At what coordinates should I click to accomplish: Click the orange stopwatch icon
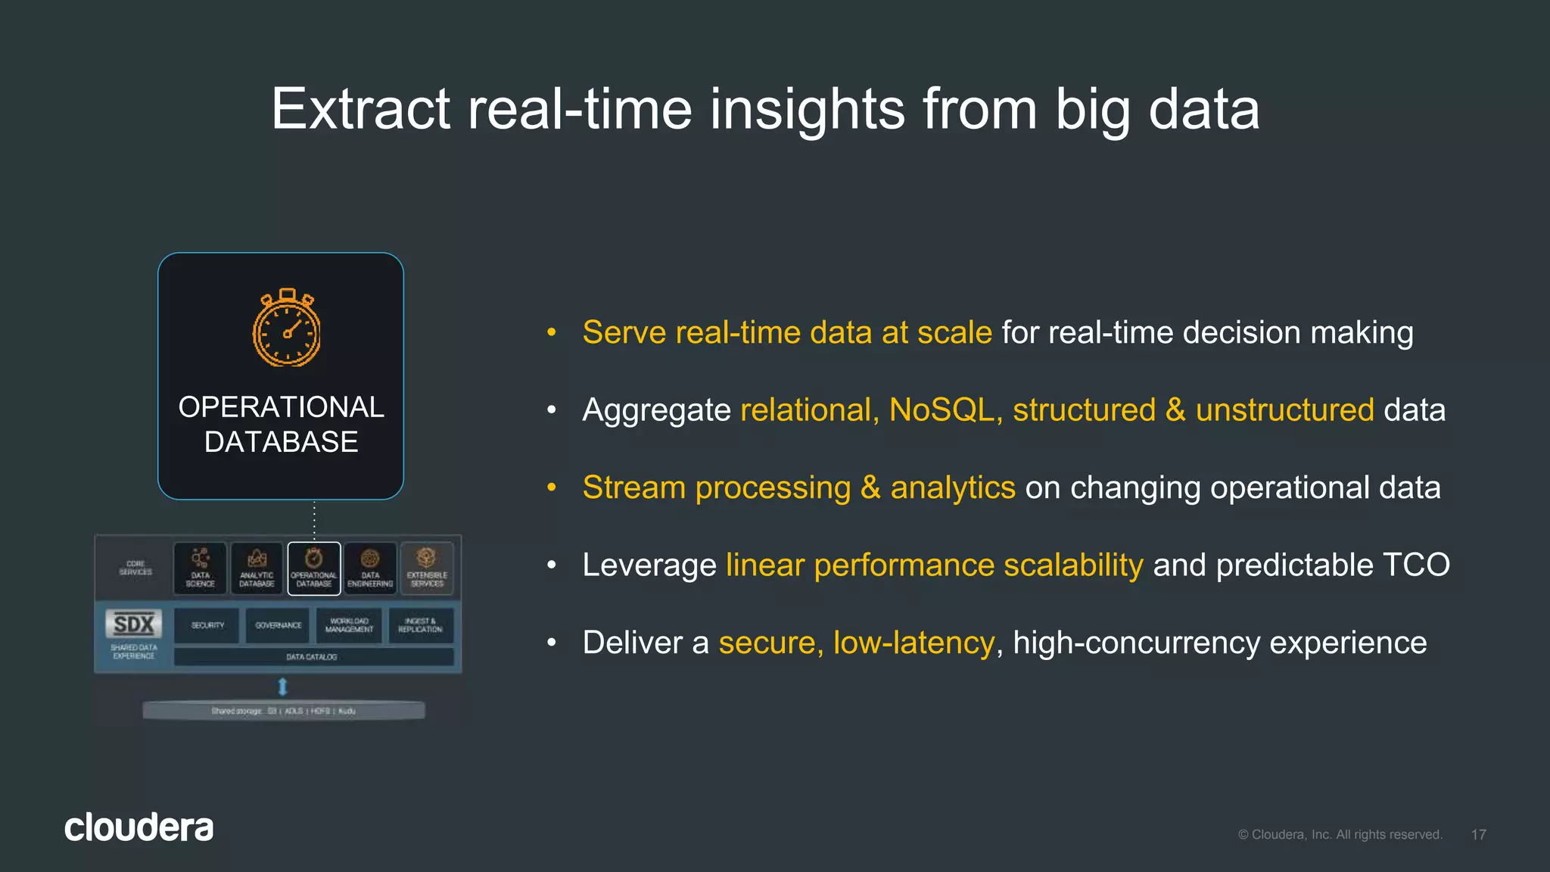[x=286, y=329]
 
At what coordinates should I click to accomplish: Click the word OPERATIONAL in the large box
[x=281, y=407]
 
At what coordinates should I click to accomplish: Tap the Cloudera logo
[x=139, y=827]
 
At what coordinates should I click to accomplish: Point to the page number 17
[x=1478, y=834]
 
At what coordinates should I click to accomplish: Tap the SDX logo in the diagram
[x=133, y=624]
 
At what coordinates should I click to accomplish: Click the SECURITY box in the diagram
[x=207, y=625]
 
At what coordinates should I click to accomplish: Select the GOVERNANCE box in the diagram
[x=278, y=625]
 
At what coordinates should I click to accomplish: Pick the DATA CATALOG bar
[x=313, y=656]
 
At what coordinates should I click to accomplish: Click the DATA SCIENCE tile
[x=200, y=568]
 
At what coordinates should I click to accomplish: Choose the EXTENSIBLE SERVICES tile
[x=427, y=568]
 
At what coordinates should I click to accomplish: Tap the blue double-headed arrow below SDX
[x=282, y=687]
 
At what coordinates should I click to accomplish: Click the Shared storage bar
[x=284, y=711]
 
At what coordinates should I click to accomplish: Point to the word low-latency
[x=913, y=643]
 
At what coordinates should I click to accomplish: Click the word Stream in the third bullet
[x=633, y=487]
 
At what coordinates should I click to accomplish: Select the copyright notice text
[x=1340, y=834]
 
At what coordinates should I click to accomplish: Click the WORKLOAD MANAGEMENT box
[x=349, y=625]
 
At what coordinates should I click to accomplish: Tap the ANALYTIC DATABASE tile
[x=257, y=568]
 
